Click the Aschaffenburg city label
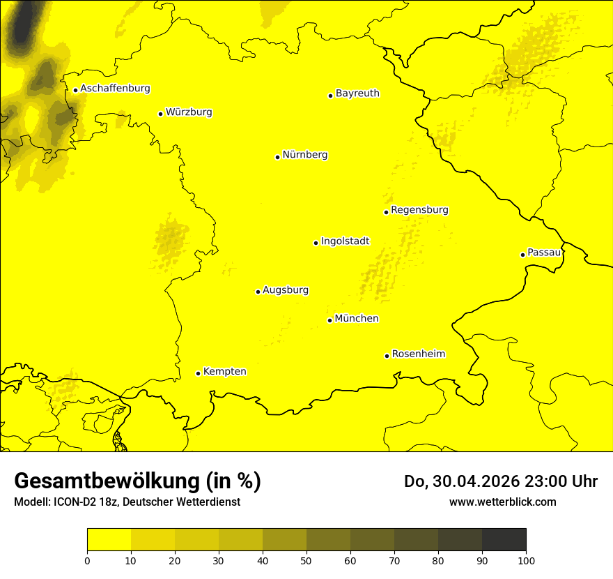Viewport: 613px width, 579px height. pos(115,89)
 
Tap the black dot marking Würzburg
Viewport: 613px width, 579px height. pos(160,114)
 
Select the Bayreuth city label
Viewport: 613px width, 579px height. pos(357,93)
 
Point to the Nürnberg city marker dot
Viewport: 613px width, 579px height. pos(277,157)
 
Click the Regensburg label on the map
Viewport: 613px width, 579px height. pos(419,209)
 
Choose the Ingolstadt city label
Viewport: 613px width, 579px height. pos(345,241)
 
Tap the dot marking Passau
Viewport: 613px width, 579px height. pos(522,255)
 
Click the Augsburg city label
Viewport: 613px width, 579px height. pos(286,289)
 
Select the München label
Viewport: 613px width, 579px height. pos(357,318)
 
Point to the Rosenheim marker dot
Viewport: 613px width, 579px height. pos(387,356)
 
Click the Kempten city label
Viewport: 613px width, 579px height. pos(224,371)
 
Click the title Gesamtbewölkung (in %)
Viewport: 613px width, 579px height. pos(137,481)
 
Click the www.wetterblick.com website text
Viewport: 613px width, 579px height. pos(502,502)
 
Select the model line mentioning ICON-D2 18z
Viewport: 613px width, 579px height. pos(127,502)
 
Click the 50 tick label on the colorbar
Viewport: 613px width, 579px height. pos(306,560)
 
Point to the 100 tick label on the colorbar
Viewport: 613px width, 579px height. pos(526,560)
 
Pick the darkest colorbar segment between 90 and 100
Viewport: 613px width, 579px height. pos(504,539)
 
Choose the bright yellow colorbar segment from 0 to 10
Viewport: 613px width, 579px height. pos(109,539)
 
